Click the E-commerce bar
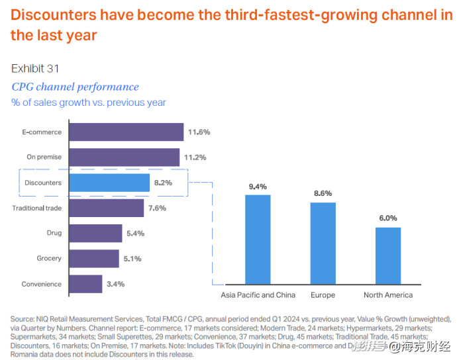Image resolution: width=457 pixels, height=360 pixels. click(126, 132)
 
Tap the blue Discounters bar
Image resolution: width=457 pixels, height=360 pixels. click(109, 183)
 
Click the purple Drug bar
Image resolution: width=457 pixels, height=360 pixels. click(95, 233)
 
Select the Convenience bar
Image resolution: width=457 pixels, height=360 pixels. click(85, 284)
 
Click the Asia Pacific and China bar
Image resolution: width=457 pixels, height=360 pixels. click(258, 239)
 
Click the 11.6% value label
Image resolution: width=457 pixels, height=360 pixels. click(199, 132)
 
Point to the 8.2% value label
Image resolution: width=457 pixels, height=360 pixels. click(163, 183)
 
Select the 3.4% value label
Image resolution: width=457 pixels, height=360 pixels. click(115, 284)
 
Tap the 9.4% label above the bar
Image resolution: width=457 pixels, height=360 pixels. click(258, 187)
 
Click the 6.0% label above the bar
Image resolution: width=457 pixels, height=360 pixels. click(388, 218)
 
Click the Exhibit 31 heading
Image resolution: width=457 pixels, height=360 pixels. click(36, 68)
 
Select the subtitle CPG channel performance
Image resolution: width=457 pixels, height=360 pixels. click(76, 87)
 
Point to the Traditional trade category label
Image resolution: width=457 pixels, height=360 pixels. click(37, 208)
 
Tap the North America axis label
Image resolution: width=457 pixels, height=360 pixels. click(388, 294)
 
